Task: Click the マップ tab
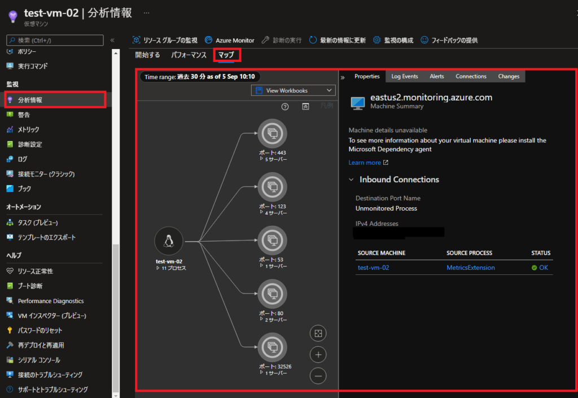pyautogui.click(x=226, y=55)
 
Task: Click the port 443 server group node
pyautogui.click(x=272, y=134)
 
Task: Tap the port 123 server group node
pyautogui.click(x=272, y=187)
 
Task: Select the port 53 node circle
pyautogui.click(x=272, y=240)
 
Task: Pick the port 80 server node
pyautogui.click(x=272, y=294)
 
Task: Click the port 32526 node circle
pyautogui.click(x=272, y=347)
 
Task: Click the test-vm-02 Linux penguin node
pyautogui.click(x=168, y=242)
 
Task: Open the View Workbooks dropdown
pyautogui.click(x=294, y=90)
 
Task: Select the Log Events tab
pyautogui.click(x=405, y=76)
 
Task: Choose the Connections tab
pyautogui.click(x=471, y=76)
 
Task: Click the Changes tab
pyautogui.click(x=509, y=76)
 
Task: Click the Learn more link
pyautogui.click(x=365, y=163)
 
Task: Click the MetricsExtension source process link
pyautogui.click(x=470, y=268)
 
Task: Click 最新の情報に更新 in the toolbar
pyautogui.click(x=337, y=40)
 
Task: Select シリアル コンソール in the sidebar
pyautogui.click(x=38, y=360)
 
